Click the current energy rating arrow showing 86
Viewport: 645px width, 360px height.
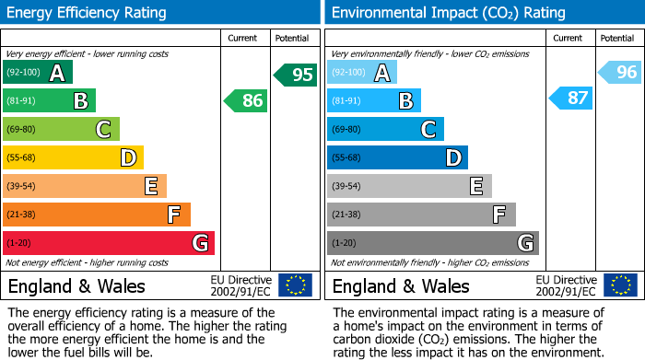246,100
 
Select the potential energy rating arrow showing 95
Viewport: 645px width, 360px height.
296,75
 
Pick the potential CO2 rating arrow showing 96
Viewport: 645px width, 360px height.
620,72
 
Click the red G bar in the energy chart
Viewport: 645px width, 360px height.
109,243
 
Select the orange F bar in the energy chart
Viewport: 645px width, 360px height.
97,215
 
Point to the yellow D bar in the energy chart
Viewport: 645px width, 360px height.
73,157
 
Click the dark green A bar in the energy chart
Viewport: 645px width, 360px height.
38,73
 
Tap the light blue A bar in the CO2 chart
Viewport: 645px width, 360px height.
362,73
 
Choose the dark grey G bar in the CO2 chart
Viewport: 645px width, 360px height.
432,243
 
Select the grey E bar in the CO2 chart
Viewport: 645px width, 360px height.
409,186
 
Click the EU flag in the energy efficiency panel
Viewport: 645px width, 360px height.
295,285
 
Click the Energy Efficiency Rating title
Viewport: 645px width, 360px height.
88,13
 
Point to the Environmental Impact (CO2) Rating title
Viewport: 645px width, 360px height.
448,13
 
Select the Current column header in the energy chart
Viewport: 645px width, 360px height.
244,38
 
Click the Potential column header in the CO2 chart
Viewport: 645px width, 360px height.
616,38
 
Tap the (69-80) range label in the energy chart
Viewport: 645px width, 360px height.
23,130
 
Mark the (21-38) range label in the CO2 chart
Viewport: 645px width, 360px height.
347,215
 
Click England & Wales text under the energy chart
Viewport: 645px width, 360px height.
76,285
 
